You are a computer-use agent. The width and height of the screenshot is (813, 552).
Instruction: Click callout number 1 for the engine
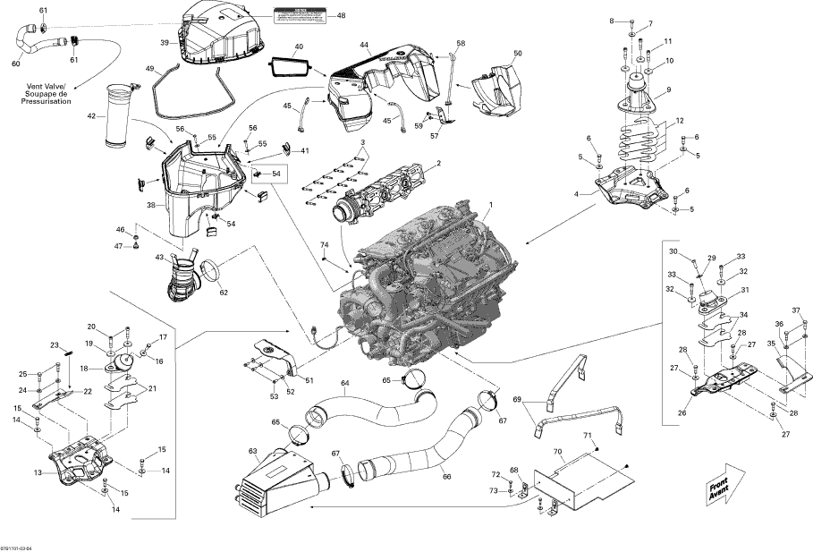tap(489, 206)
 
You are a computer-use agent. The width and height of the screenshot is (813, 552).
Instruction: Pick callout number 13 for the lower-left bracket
tap(38, 472)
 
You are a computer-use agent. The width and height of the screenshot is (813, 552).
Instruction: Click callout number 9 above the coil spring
tap(667, 91)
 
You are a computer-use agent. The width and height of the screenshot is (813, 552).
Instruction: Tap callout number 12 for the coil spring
tap(680, 120)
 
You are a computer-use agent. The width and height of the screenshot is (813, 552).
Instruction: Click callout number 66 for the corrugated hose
tap(446, 477)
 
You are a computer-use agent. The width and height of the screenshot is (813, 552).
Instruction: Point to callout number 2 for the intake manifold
tap(438, 164)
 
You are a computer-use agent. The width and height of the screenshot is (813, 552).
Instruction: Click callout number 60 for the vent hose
tap(15, 63)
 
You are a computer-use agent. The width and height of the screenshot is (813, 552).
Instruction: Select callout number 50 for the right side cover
tap(517, 55)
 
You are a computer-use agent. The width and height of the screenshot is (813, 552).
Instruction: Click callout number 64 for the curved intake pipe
tap(344, 384)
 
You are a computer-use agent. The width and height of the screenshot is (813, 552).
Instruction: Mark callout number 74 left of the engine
tap(324, 245)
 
